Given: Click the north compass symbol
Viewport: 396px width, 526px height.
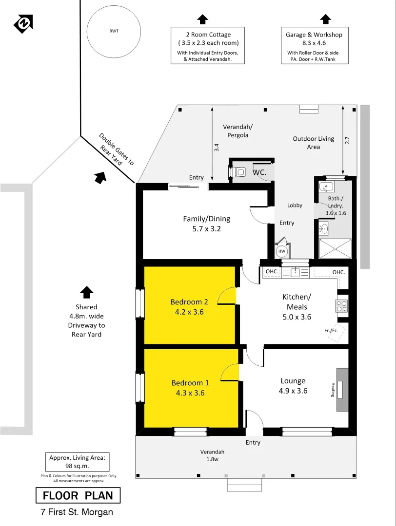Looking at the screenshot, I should (23, 23).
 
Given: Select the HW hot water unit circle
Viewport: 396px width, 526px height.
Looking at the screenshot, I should (281, 251).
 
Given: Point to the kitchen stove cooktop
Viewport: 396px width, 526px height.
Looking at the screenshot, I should (341, 306).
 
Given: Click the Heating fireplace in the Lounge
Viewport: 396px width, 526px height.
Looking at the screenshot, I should (341, 390).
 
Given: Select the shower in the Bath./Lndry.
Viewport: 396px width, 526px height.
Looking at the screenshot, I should (335, 248).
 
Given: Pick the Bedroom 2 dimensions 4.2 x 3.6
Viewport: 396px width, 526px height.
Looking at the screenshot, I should (190, 312).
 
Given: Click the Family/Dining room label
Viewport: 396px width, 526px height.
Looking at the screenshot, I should (206, 219).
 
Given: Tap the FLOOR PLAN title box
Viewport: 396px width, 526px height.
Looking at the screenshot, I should (78, 496).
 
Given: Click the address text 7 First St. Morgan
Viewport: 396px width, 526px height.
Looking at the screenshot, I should (77, 512).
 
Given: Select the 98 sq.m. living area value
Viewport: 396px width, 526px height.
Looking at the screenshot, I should (78, 466).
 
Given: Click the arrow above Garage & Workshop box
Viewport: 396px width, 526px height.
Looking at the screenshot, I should (325, 19).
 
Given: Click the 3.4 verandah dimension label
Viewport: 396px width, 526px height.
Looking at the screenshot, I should (217, 146).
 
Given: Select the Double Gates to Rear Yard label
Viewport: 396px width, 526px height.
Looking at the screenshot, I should (116, 150).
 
